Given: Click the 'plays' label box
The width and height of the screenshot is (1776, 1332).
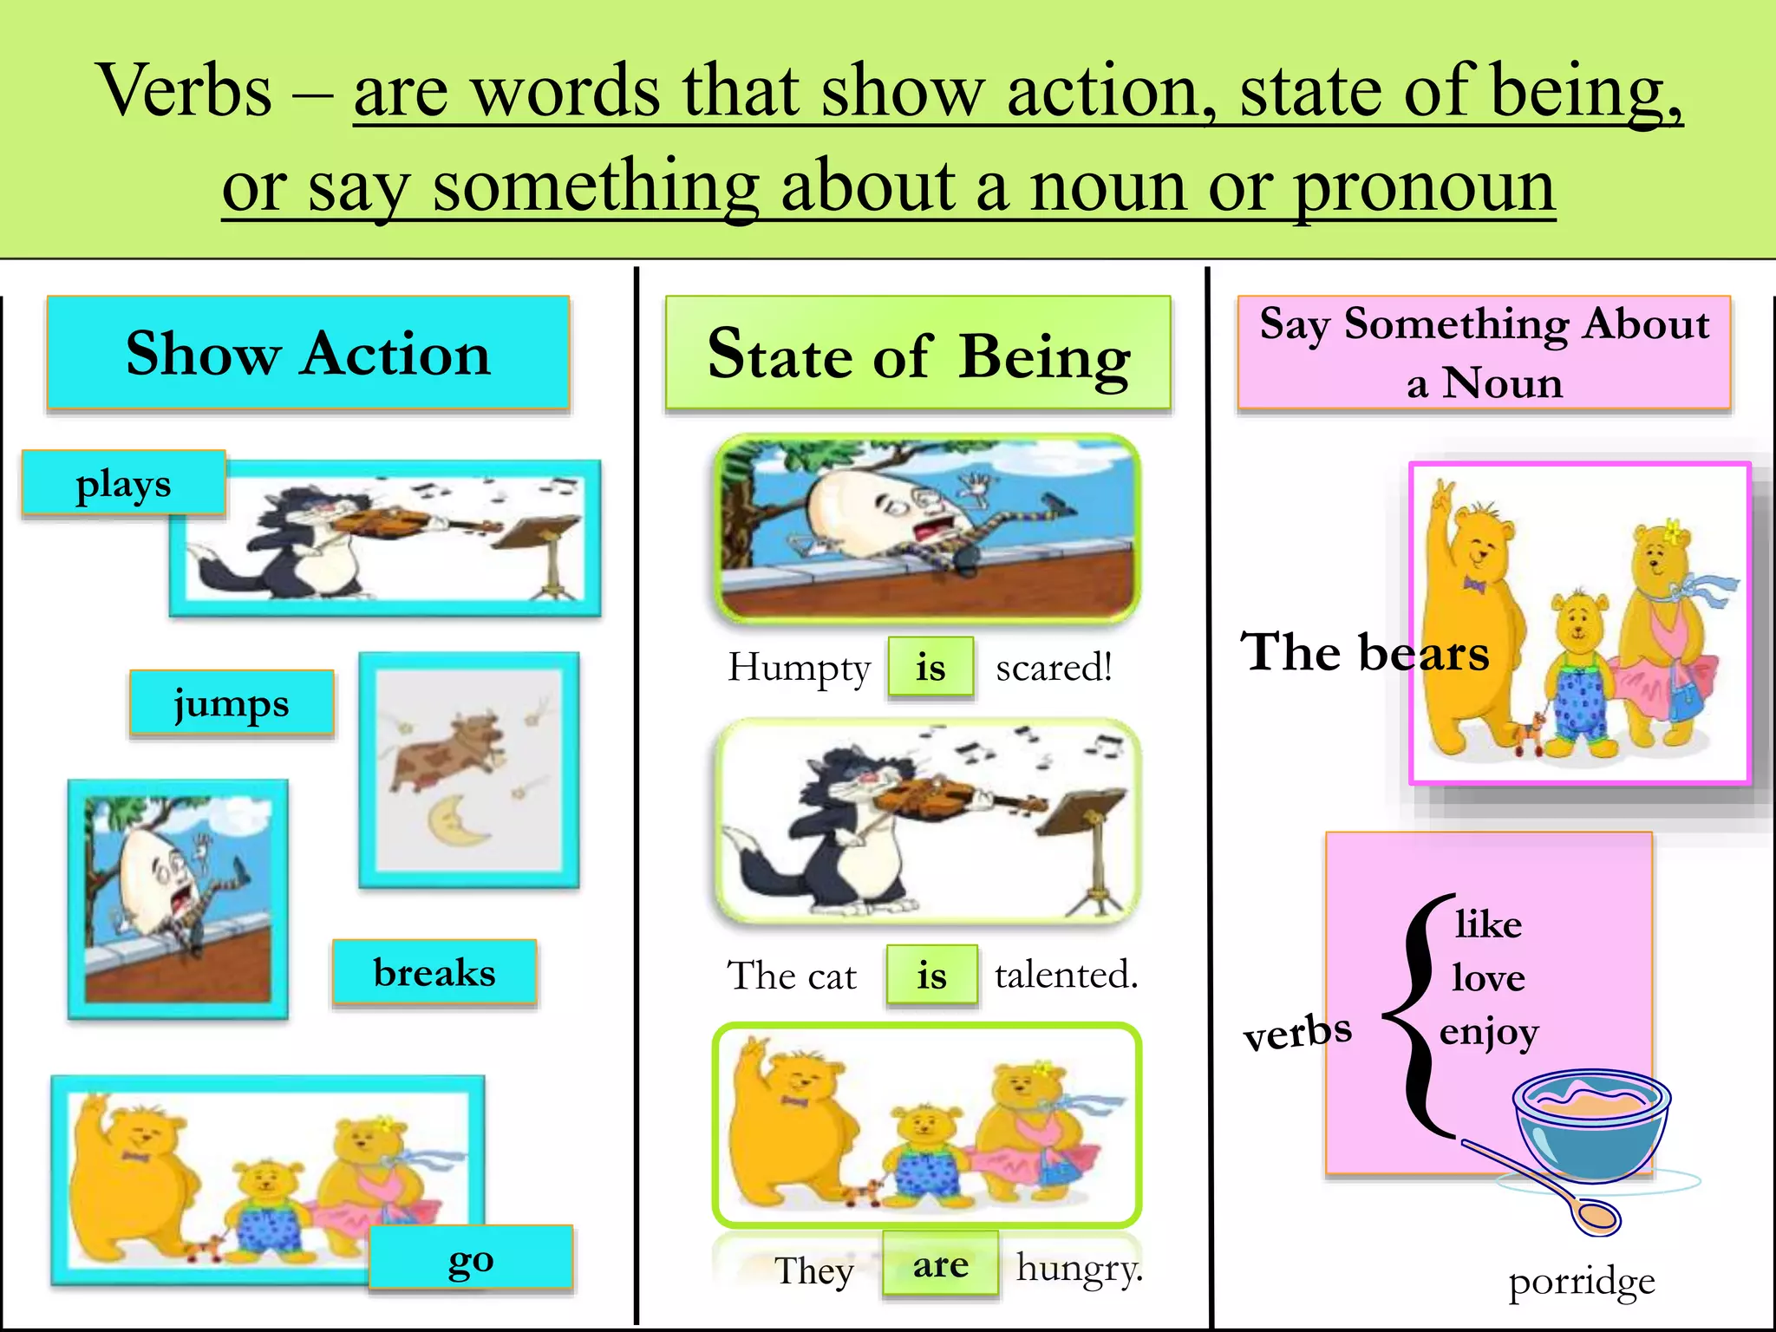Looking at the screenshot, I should [123, 483].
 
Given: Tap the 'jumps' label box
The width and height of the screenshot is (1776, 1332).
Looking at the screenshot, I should [232, 703].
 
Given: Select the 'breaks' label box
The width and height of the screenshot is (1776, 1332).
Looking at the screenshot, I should [434, 972].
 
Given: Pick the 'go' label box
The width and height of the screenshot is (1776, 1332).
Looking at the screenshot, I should [471, 1257].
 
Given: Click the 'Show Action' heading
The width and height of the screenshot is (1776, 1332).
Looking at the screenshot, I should [308, 353].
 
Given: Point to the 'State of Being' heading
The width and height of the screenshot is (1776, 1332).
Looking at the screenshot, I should [917, 354].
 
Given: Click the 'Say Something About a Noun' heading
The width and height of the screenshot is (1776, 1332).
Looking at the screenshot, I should [1484, 352].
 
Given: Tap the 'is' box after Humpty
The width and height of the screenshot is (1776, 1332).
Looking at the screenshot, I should [930, 667].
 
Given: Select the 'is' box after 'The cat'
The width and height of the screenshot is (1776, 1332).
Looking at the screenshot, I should [932, 976].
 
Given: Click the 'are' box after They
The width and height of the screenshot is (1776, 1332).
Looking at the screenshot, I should [940, 1265].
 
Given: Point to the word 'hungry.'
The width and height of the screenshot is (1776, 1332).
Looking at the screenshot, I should [1080, 1268].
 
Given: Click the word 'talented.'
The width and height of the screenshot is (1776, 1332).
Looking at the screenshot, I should [1066, 975].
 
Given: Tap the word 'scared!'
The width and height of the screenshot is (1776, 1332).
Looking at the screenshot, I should [1054, 667].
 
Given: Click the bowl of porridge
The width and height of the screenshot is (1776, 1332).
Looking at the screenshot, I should [1592, 1123].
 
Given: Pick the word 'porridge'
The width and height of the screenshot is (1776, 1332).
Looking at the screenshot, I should [1582, 1282].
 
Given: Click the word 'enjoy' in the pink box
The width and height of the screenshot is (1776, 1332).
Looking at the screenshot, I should [1489, 1032].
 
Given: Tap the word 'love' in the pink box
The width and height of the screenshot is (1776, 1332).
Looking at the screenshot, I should [1488, 977].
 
